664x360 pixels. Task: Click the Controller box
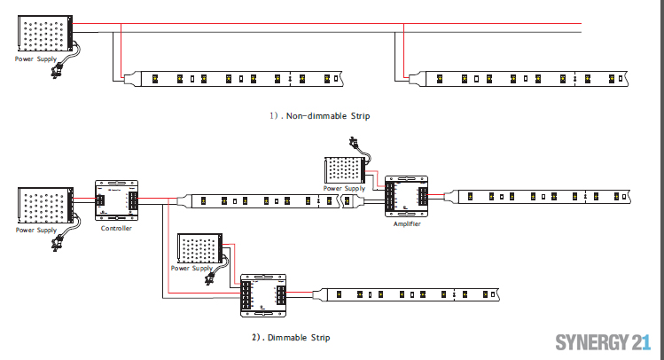tap(117, 201)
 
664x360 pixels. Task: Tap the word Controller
tap(116, 228)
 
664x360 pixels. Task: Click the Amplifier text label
tap(407, 224)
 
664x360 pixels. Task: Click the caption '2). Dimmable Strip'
tap(291, 337)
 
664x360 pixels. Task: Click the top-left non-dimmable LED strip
tap(239, 78)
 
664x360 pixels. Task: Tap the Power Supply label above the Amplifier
tap(344, 188)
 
